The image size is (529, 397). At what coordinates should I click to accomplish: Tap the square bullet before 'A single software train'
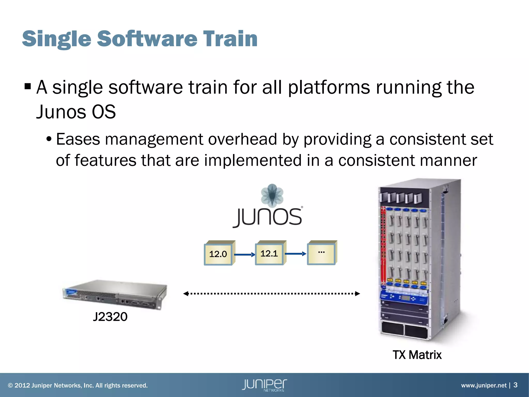pos(28,86)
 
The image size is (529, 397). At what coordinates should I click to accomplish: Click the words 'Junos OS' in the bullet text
pos(76,112)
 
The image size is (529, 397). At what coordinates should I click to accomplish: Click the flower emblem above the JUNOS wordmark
pos(272,195)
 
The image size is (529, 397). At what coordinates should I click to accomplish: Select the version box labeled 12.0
pos(218,254)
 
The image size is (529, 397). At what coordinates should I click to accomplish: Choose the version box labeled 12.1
pos(269,254)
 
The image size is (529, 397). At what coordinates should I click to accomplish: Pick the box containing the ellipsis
pos(321,253)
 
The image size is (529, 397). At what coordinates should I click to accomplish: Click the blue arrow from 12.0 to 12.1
pos(244,255)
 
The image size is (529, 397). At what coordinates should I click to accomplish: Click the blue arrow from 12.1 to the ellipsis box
pos(295,254)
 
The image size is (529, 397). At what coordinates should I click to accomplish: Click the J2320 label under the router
pos(110,317)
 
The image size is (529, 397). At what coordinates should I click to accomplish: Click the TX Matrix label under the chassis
pos(417,355)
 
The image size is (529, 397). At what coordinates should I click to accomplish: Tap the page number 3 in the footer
pos(515,385)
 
